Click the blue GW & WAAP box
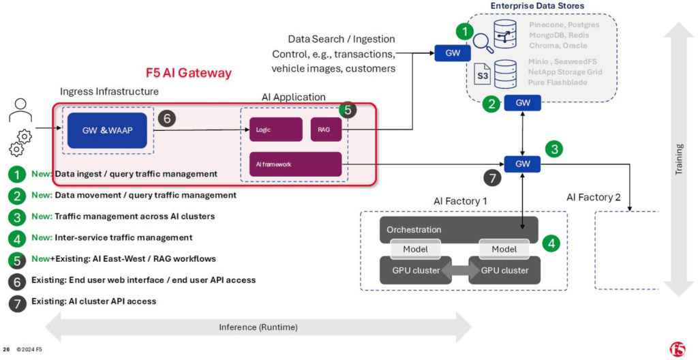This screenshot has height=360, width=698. (x=107, y=130)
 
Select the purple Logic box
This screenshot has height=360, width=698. (x=275, y=130)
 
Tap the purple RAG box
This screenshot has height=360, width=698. (x=326, y=130)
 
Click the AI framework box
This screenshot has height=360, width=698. (x=295, y=164)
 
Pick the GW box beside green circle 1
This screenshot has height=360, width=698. (x=453, y=53)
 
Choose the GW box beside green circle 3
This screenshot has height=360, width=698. (x=522, y=164)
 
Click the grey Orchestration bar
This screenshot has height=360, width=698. (x=459, y=230)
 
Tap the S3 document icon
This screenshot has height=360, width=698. (x=483, y=75)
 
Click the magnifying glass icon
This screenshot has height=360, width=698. (x=483, y=43)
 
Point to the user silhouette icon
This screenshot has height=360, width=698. (x=20, y=110)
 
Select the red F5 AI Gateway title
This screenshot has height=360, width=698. (x=189, y=73)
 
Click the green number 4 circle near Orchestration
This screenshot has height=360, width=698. (x=551, y=243)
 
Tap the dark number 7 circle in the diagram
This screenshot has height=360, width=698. (x=492, y=179)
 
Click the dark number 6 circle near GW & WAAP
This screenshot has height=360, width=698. (x=167, y=118)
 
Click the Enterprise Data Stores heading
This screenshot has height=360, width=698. (x=537, y=5)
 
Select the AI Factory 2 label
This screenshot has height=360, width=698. (x=594, y=197)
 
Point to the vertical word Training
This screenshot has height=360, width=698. (x=678, y=159)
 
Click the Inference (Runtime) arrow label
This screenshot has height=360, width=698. (x=258, y=327)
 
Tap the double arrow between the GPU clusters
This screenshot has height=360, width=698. (x=460, y=271)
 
